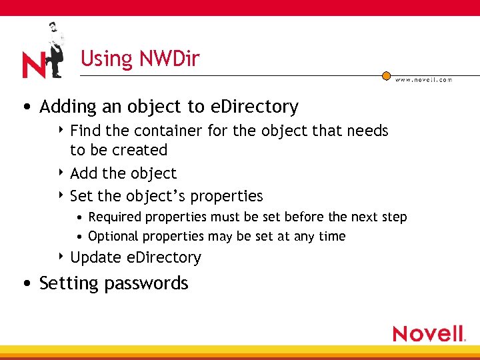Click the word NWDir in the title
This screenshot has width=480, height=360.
(169, 59)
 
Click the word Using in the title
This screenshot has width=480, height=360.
(107, 59)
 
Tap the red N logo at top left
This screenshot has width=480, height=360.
(33, 65)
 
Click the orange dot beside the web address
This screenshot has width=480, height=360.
(386, 76)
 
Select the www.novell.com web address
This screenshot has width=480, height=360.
(423, 80)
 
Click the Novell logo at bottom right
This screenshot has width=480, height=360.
(428, 333)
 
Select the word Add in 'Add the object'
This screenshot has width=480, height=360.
(83, 173)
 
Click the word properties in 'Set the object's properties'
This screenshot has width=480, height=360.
(227, 197)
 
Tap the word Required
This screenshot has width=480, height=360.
(115, 217)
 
